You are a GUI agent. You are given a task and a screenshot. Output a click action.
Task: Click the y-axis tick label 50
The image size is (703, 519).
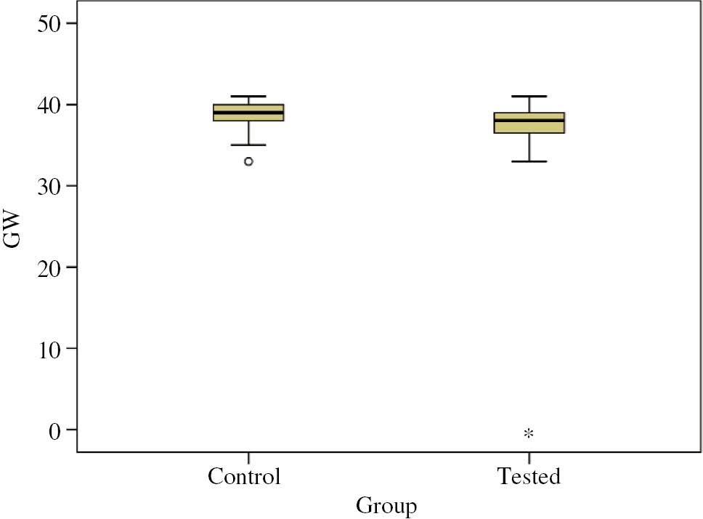[50, 23]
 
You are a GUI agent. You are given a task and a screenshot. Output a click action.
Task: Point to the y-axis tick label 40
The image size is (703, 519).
[50, 105]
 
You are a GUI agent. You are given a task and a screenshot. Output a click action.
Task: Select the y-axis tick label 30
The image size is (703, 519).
[50, 186]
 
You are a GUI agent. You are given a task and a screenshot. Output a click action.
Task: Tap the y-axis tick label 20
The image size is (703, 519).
[50, 267]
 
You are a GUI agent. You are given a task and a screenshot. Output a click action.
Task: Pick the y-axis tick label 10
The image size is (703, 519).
[50, 349]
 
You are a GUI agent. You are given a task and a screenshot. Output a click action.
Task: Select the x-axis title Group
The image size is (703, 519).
[387, 505]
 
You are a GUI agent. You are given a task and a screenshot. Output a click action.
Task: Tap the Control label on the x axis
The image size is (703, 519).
[244, 477]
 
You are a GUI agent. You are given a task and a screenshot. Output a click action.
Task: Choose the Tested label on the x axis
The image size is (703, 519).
[529, 477]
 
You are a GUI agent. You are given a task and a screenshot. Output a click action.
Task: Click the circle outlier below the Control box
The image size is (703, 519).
[248, 161]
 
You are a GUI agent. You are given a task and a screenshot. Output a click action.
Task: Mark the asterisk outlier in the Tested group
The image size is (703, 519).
[529, 434]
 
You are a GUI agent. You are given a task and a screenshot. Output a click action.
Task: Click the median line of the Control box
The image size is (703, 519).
[248, 113]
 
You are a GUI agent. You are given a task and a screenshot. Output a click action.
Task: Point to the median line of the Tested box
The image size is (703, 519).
[529, 120]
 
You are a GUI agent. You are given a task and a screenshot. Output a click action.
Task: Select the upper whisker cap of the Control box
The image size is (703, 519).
[248, 97]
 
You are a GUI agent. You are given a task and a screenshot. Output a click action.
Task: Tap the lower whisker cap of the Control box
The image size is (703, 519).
[248, 145]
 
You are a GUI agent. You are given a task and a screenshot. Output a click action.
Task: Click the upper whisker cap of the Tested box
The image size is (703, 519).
[529, 97]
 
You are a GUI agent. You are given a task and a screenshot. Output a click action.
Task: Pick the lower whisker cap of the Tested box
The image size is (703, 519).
[529, 161]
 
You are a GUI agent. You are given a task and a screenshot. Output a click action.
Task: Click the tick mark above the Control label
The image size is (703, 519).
[248, 457]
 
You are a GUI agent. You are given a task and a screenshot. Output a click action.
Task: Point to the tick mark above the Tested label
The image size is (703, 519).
[529, 457]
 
